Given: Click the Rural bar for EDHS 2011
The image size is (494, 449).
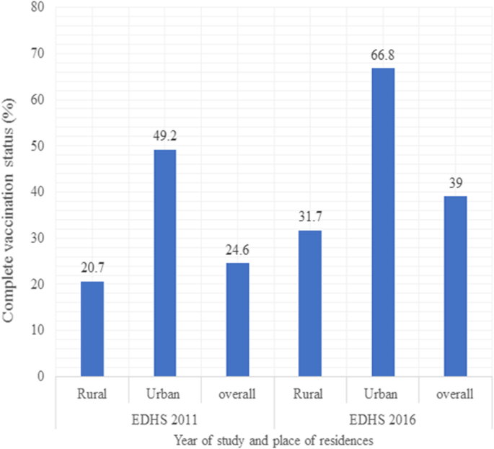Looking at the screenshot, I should (x=92, y=329).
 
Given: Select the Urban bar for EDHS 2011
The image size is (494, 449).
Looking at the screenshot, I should (x=164, y=263).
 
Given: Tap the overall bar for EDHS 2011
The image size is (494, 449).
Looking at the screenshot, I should (x=237, y=319).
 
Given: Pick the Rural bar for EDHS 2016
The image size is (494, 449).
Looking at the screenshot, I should (x=310, y=303).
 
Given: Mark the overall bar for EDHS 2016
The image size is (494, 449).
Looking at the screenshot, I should (x=455, y=286).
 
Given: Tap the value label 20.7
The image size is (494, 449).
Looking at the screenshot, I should (x=92, y=270).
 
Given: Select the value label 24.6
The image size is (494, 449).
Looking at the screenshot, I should (x=237, y=252).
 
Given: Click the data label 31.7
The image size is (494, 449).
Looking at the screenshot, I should (x=310, y=218).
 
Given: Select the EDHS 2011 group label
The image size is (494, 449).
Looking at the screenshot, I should (x=164, y=417).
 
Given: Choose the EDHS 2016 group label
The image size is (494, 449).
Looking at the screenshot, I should (x=383, y=417).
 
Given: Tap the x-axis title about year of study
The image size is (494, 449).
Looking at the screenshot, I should (x=274, y=439).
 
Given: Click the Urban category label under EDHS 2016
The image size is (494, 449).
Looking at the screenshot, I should (x=383, y=394).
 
